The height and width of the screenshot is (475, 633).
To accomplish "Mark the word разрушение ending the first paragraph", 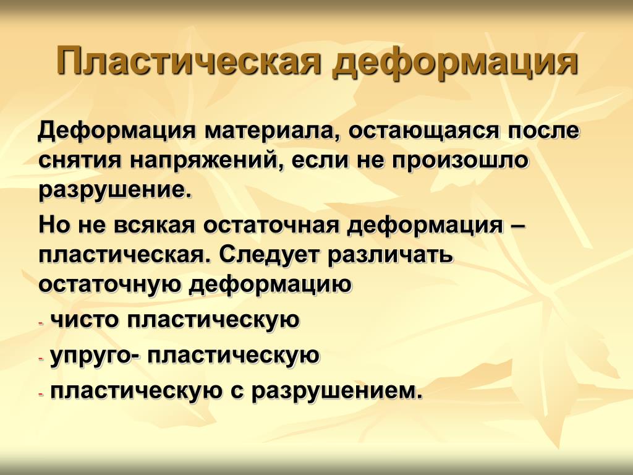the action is tap(114, 190).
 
